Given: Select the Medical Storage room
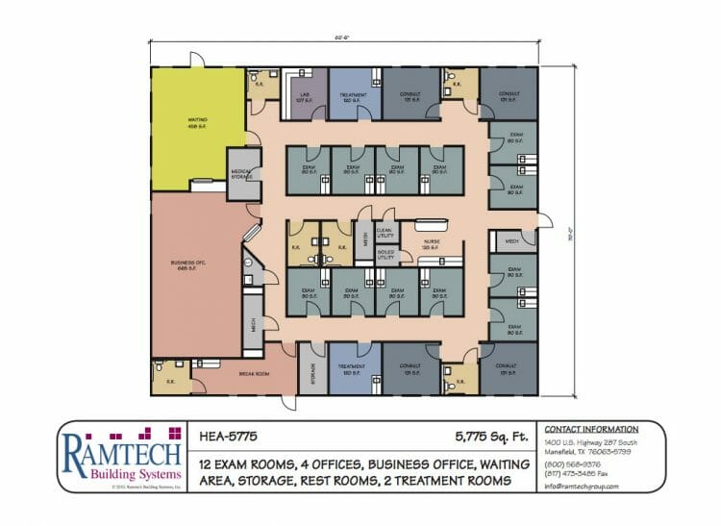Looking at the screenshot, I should pyautogui.click(x=242, y=174).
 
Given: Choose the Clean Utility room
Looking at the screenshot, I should pyautogui.click(x=385, y=232).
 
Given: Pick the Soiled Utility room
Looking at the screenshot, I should pyautogui.click(x=385, y=254).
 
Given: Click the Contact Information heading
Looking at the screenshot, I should pyautogui.click(x=591, y=429).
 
